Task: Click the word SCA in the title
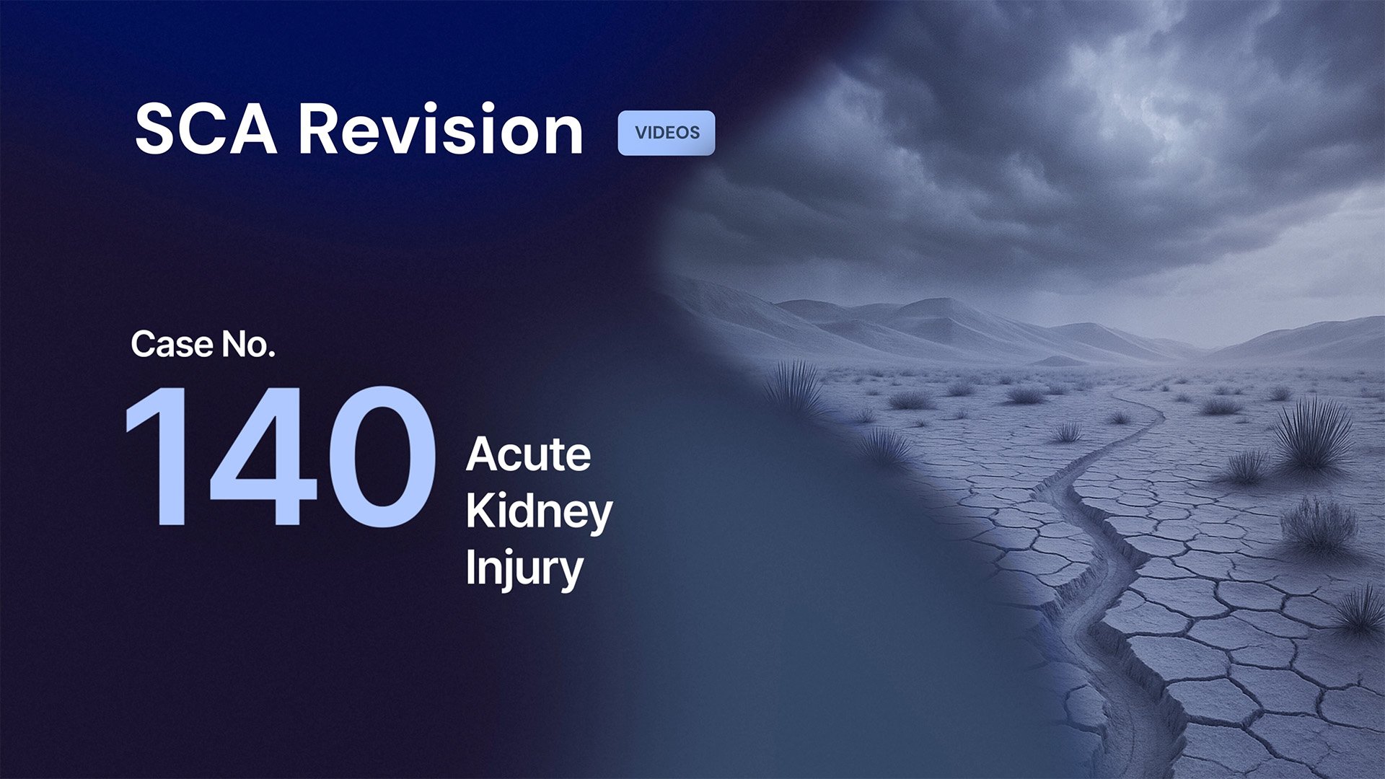(x=206, y=130)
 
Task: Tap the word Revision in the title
(x=440, y=130)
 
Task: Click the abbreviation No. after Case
(x=248, y=344)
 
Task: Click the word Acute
(x=528, y=455)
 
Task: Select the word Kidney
(x=539, y=512)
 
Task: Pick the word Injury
(x=524, y=569)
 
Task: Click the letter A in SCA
(x=252, y=130)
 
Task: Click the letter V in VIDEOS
(x=641, y=133)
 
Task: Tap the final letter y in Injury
(x=571, y=573)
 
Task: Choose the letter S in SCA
(x=157, y=130)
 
